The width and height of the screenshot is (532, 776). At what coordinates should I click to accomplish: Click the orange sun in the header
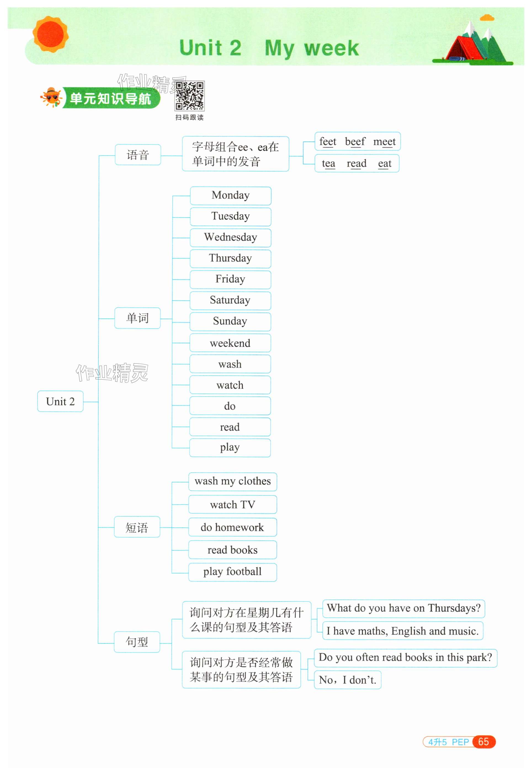50,34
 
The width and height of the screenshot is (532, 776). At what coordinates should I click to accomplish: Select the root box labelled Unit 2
60,401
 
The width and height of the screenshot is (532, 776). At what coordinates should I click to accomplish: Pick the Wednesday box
230,238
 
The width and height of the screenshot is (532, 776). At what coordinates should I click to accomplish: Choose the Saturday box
230,300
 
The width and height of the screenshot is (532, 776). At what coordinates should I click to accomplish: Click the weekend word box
230,343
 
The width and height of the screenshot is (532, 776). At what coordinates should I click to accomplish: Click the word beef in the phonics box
355,142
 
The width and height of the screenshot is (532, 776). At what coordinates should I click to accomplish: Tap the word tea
328,164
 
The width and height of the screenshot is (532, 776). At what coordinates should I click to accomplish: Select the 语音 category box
138,155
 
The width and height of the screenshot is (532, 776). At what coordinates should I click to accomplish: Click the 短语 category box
137,527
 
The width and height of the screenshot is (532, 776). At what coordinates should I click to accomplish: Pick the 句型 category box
137,641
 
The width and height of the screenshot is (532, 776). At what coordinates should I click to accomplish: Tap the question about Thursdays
403,608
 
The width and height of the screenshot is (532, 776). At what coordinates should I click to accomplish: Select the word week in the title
331,49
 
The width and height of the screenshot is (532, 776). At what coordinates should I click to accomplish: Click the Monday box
230,195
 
